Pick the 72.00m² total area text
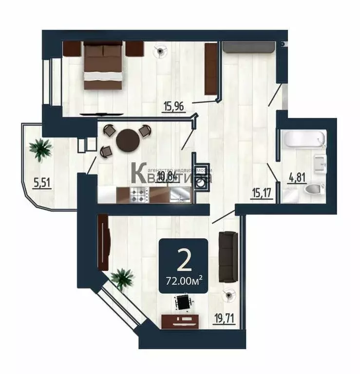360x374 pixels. (x=184, y=280)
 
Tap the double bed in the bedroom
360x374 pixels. (x=103, y=65)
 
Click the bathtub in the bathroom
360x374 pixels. (x=304, y=139)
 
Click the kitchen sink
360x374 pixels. (x=181, y=195)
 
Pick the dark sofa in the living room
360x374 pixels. (x=227, y=256)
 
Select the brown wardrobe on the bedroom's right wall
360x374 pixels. (x=210, y=69)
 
